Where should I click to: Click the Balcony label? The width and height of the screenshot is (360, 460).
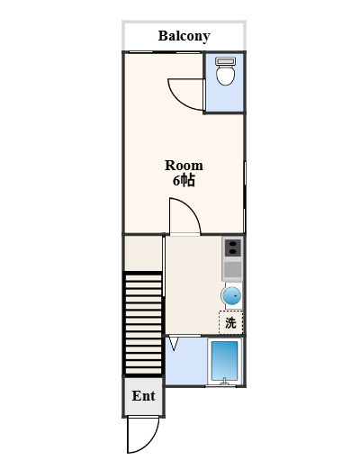pyautogui.click(x=184, y=36)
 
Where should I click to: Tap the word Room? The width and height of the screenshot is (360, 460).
pyautogui.click(x=184, y=166)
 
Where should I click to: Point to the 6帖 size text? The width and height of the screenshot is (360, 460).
pyautogui.click(x=184, y=181)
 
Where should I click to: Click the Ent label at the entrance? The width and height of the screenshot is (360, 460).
pyautogui.click(x=143, y=396)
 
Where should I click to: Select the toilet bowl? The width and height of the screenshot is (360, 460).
pyautogui.click(x=226, y=75)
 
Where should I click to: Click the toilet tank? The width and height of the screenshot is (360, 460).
pyautogui.click(x=226, y=61)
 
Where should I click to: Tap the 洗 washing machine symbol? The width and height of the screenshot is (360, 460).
pyautogui.click(x=230, y=322)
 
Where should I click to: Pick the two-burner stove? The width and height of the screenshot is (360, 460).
pyautogui.click(x=233, y=248)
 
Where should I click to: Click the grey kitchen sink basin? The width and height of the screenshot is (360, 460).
pyautogui.click(x=233, y=269)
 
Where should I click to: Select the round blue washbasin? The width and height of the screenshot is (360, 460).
pyautogui.click(x=231, y=296)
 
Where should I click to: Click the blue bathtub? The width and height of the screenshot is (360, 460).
pyautogui.click(x=225, y=361)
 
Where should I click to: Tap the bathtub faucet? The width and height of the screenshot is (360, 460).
pyautogui.click(x=224, y=381)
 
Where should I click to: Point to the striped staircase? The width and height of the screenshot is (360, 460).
pyautogui.click(x=143, y=323)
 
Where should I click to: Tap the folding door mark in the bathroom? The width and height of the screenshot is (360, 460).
pyautogui.click(x=174, y=344)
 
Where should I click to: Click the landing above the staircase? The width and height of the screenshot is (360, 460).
pyautogui.click(x=143, y=254)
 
